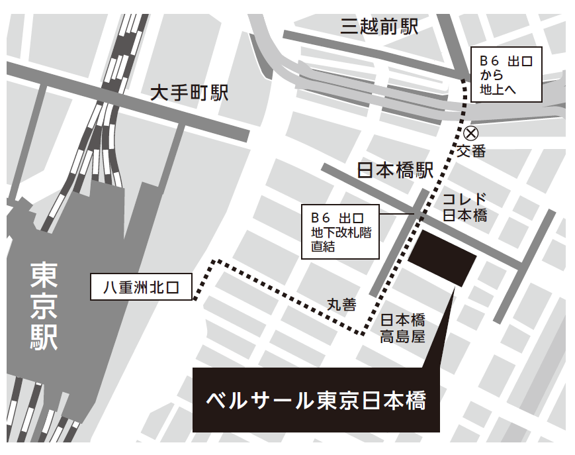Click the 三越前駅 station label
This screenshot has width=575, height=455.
[379, 26]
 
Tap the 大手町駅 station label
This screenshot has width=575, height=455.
[189, 92]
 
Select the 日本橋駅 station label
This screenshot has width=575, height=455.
[395, 171]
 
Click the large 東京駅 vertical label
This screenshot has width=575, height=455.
[44, 305]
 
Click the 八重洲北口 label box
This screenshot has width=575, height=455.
[141, 287]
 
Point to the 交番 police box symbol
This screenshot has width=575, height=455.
[470, 132]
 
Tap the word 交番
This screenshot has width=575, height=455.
[471, 151]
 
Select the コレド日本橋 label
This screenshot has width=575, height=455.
[464, 207]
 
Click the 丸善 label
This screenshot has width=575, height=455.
[341, 305]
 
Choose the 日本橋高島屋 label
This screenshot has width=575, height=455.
[402, 328]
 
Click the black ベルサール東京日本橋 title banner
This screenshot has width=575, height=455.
[316, 400]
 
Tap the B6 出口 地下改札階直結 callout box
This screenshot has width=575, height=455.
[340, 232]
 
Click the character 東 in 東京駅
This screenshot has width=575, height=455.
[44, 274]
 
